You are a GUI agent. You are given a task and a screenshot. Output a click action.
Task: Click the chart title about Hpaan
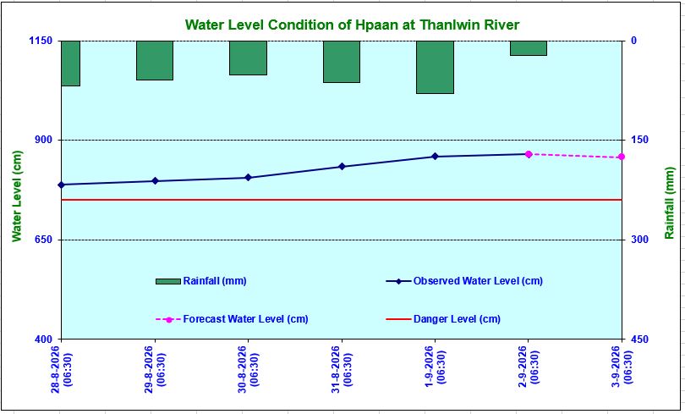click(x=352, y=25)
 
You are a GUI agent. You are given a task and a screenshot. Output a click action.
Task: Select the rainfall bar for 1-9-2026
click(x=436, y=67)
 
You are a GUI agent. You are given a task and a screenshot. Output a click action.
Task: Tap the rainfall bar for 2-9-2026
click(x=529, y=48)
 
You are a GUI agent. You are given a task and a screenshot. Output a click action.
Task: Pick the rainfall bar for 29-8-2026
click(x=155, y=60)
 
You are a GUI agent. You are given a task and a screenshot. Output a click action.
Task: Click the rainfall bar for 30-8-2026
click(x=248, y=58)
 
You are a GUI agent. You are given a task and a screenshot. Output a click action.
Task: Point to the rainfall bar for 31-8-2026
click(x=342, y=62)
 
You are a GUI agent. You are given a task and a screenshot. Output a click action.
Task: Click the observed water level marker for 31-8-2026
click(x=342, y=167)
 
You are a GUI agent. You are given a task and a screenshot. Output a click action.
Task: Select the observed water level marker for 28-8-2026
click(x=61, y=185)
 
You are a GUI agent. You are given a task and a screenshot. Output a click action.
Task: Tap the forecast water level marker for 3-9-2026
click(x=622, y=157)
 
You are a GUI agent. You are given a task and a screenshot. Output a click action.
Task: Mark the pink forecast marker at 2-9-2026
click(x=529, y=154)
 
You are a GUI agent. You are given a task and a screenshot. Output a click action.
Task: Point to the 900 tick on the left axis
click(x=43, y=140)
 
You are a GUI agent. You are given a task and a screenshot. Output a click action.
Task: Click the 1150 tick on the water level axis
click(x=41, y=41)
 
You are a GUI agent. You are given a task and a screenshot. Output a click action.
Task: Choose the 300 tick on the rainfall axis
click(x=639, y=240)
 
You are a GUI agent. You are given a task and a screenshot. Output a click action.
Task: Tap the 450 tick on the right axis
click(x=639, y=339)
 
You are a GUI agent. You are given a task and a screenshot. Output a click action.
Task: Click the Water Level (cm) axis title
click(x=17, y=196)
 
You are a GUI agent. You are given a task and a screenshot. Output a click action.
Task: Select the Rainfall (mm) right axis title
click(x=669, y=203)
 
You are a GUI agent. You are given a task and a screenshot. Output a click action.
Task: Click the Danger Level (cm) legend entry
click(x=443, y=319)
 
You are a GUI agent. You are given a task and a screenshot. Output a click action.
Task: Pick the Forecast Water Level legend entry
click(x=232, y=319)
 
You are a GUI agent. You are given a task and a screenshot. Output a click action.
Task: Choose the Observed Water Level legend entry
click(x=464, y=281)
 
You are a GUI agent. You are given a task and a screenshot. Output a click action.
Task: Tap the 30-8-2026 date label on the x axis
click(x=248, y=369)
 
